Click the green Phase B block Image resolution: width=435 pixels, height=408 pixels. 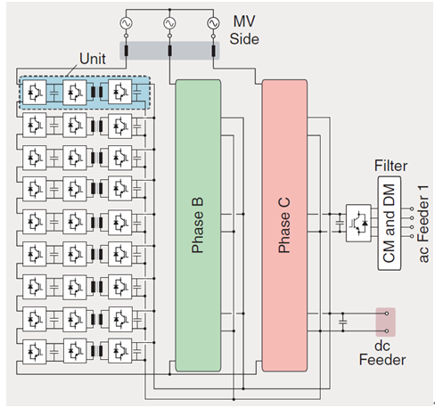click(198, 225)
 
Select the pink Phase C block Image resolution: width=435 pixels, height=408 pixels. click(284, 225)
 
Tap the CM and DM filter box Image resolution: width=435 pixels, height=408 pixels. click(390, 224)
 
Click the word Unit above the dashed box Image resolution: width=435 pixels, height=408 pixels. click(93, 59)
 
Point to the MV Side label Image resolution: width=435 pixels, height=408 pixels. click(244, 30)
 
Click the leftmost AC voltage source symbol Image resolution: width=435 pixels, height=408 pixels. click(126, 23)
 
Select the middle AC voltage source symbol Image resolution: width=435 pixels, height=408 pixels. click(169, 23)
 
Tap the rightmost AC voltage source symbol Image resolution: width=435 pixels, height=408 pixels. click(213, 23)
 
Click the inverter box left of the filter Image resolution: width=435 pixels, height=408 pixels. click(358, 223)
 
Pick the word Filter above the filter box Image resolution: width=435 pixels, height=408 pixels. click(390, 166)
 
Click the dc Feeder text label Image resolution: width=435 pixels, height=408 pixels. click(382, 353)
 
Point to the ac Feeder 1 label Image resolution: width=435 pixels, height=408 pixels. click(423, 224)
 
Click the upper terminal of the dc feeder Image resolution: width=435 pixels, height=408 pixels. click(387, 314)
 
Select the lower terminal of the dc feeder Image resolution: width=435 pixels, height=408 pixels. click(387, 330)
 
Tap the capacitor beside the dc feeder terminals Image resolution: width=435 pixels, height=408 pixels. click(343, 322)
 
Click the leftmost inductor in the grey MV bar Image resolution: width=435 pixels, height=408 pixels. click(126, 51)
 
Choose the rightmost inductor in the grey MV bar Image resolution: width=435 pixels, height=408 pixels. click(213, 51)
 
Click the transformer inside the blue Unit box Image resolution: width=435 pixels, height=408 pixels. click(97, 92)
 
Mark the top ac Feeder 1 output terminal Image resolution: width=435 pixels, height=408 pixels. click(412, 208)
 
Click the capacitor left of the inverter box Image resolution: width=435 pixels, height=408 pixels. click(340, 223)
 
